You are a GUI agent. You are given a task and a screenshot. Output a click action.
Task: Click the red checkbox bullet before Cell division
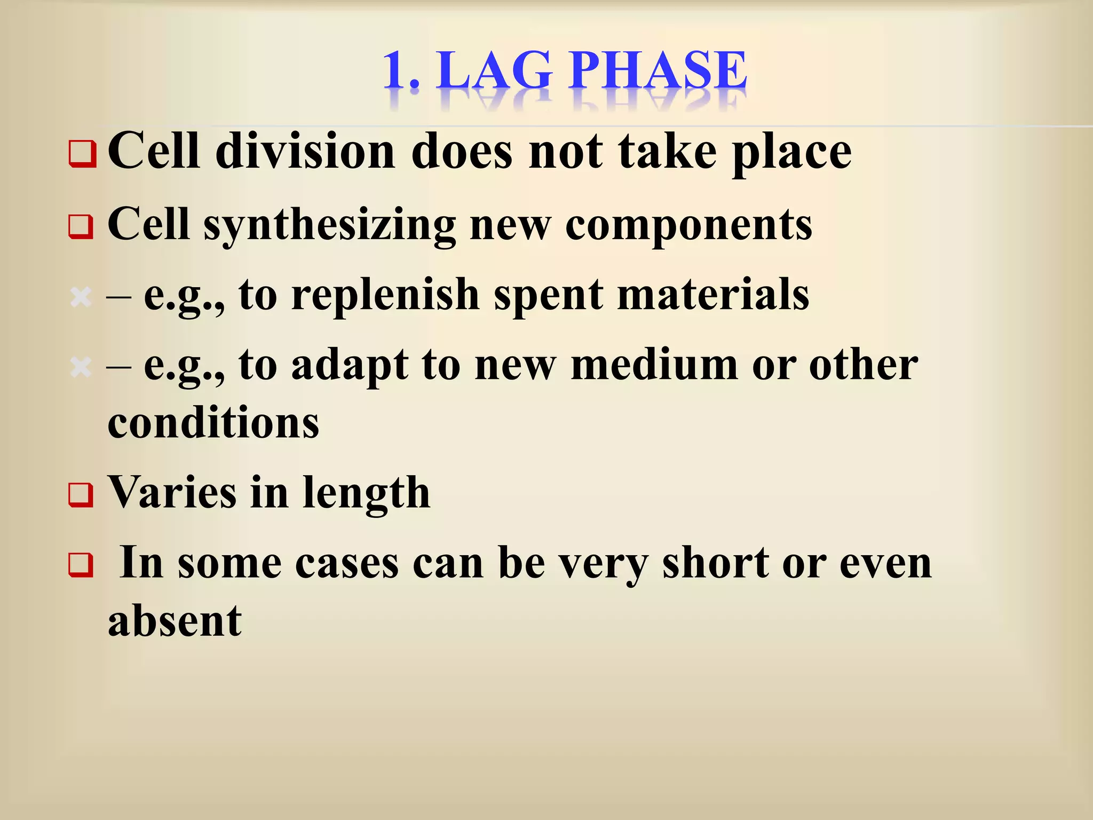(x=82, y=154)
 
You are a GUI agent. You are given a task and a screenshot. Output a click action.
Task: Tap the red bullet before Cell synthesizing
(x=81, y=227)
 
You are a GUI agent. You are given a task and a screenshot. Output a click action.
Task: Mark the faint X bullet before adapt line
(x=81, y=367)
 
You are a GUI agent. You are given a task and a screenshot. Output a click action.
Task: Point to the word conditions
(x=213, y=422)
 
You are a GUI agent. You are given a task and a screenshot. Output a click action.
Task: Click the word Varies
(x=172, y=492)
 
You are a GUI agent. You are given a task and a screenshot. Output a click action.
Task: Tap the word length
(x=366, y=493)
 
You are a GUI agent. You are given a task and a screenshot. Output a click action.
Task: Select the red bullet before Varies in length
(x=81, y=495)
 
